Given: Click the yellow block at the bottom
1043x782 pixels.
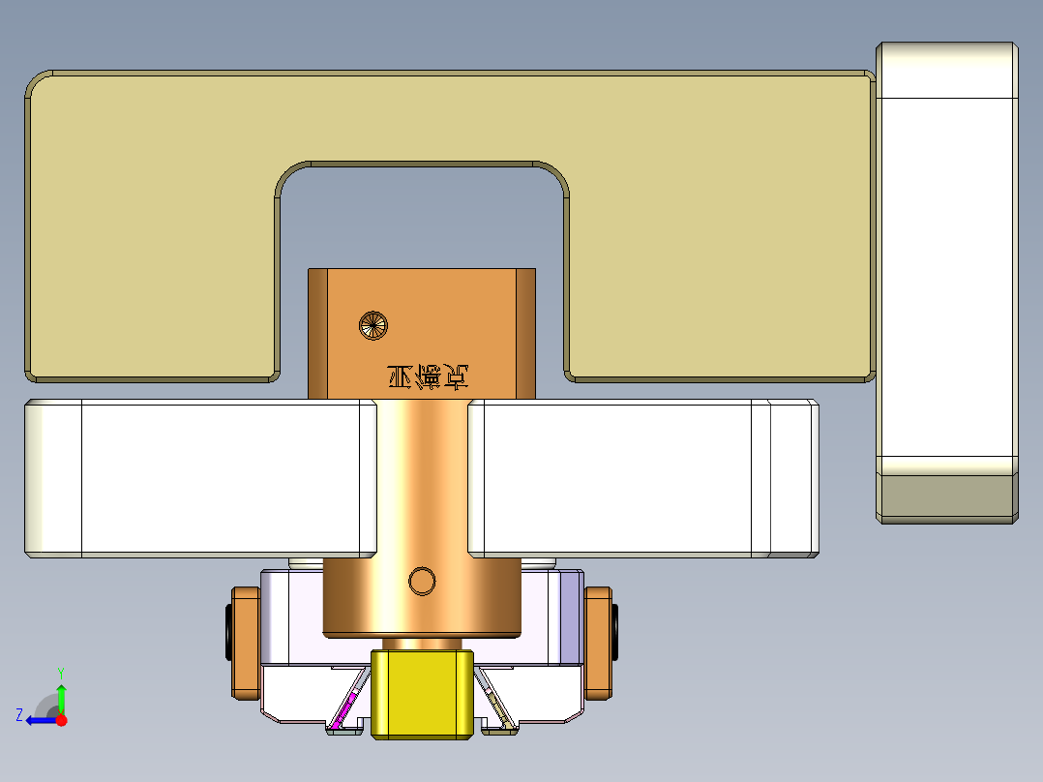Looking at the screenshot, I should pyautogui.click(x=423, y=694).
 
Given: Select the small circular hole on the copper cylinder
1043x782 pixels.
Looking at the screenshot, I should pyautogui.click(x=422, y=581).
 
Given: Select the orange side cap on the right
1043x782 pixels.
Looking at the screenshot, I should pyautogui.click(x=599, y=643).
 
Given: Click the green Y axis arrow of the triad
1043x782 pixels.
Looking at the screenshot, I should pyautogui.click(x=61, y=693).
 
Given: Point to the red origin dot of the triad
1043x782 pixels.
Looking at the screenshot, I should pyautogui.click(x=62, y=720).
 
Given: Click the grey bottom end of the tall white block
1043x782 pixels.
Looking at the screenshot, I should pyautogui.click(x=946, y=497).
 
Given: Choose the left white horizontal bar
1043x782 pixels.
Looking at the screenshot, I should pyautogui.click(x=198, y=479).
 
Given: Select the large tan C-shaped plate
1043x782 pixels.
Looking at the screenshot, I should pyautogui.click(x=145, y=223).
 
